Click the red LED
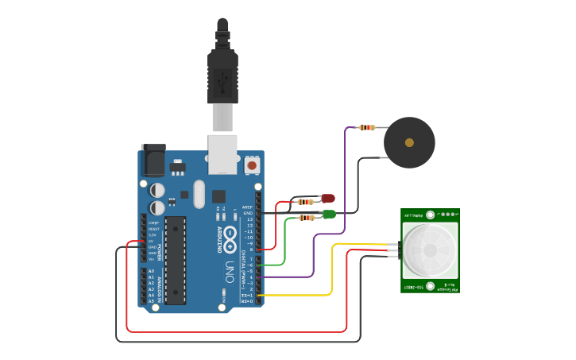[x=327, y=198]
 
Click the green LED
[x=328, y=214]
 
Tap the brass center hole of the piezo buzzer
[x=409, y=143]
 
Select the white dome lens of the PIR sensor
[x=430, y=250]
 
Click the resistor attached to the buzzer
[x=366, y=127]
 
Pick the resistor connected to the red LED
[x=306, y=202]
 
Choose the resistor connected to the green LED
[x=306, y=217]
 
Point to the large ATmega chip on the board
[x=176, y=260]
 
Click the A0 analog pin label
[x=151, y=271]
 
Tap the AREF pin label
[x=247, y=207]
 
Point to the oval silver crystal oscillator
[x=199, y=194]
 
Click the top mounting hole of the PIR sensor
[x=430, y=215]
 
